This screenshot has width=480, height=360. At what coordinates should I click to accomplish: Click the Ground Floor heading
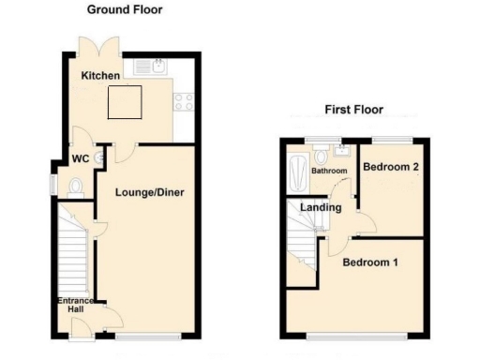pyautogui.click(x=125, y=10)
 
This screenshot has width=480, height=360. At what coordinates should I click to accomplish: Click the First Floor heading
pyautogui.click(x=354, y=110)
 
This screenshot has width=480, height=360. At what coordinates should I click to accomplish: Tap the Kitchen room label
pyautogui.click(x=99, y=76)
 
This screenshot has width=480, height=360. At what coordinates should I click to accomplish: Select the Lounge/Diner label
pyautogui.click(x=149, y=193)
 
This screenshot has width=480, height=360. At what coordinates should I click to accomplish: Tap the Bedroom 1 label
pyautogui.click(x=370, y=262)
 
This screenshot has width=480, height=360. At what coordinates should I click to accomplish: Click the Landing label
pyautogui.click(x=321, y=207)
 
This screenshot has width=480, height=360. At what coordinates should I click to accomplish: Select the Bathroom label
pyautogui.click(x=329, y=172)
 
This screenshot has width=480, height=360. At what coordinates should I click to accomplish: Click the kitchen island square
pyautogui.click(x=124, y=102)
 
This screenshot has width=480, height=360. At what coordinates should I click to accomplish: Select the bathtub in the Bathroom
pyautogui.click(x=298, y=172)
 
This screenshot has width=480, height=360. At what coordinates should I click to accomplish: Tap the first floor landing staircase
pyautogui.click(x=303, y=239)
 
